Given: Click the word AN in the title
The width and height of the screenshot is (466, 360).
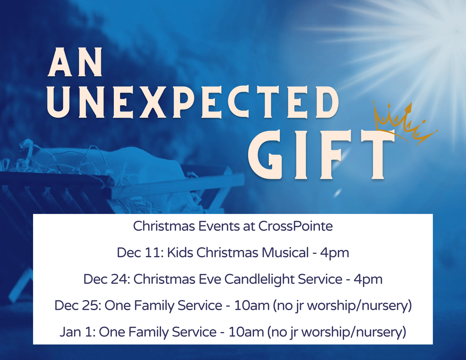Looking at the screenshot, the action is click(x=75, y=62).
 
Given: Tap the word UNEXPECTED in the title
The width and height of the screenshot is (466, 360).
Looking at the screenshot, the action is click(x=193, y=102).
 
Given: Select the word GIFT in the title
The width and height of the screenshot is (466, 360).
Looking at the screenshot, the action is click(x=321, y=154).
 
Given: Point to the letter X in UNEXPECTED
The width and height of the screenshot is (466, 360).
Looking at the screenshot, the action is click(x=153, y=102).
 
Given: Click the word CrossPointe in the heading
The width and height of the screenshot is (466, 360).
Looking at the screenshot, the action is click(x=295, y=226).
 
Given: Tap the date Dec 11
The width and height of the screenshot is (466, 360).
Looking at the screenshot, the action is click(x=140, y=252).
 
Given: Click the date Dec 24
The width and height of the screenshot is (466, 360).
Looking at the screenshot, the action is click(x=107, y=279).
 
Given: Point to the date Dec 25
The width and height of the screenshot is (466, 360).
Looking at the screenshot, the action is click(x=78, y=305).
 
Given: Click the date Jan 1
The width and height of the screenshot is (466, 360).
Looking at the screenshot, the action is click(x=77, y=332).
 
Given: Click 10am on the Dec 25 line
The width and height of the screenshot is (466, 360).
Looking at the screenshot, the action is click(x=252, y=305).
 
